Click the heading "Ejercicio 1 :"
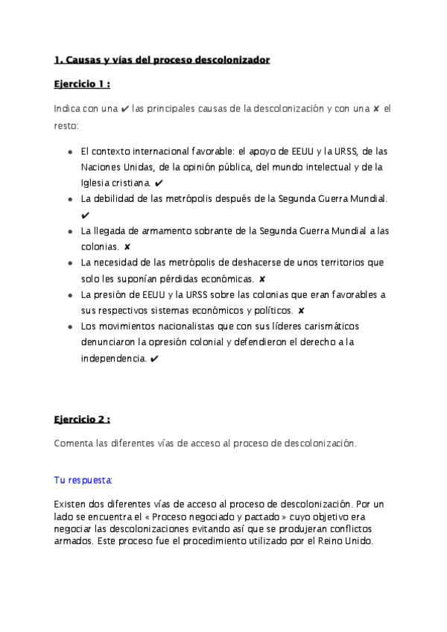point(87,84)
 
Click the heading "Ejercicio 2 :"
point(87,419)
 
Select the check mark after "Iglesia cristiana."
point(160,183)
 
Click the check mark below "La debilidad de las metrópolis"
point(85,215)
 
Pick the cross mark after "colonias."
point(127,247)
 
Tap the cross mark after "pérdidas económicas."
point(262,279)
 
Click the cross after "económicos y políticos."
point(301,311)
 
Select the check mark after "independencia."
point(153,359)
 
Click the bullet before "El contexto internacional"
point(69,151)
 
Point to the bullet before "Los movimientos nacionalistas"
point(69,327)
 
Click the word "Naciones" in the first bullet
point(101,167)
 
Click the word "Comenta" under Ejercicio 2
point(73,443)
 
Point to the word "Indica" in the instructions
point(68,109)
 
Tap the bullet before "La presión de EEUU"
point(69,295)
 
